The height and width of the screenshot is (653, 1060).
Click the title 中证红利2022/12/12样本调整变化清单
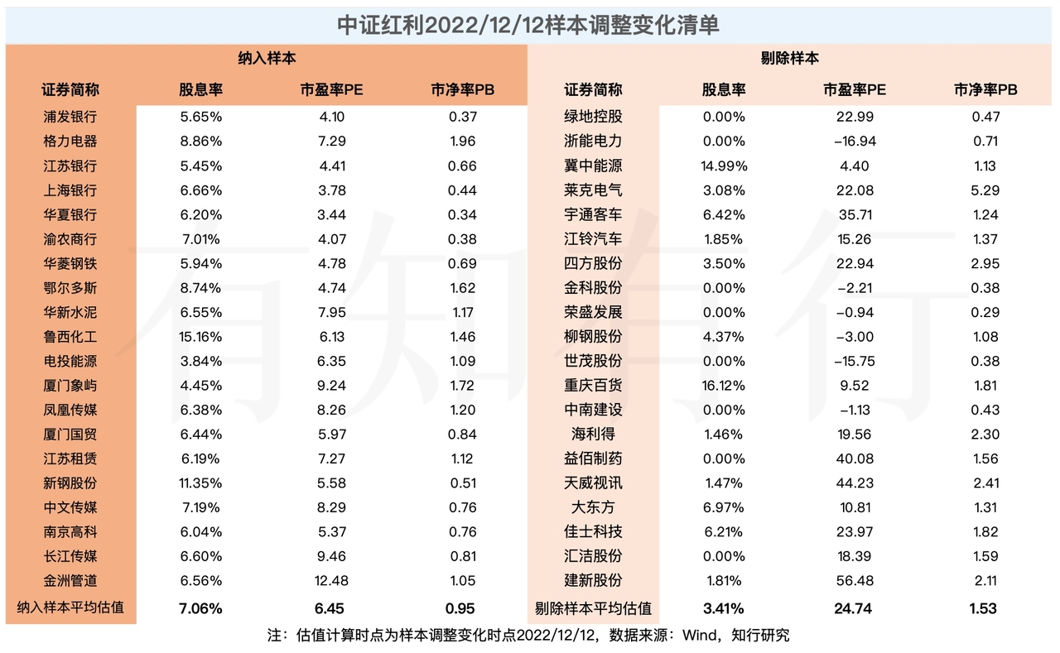529,24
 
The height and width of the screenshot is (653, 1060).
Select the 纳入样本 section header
267,59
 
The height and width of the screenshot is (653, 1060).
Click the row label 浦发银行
70,117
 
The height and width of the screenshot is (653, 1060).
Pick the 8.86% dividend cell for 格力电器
201,142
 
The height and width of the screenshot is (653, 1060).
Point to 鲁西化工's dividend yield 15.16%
201,337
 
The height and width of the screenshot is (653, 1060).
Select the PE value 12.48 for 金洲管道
331,581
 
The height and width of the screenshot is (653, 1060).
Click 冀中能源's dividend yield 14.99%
724,166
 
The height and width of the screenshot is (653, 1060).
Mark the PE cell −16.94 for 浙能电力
855,142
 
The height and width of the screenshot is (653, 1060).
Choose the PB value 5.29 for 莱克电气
985,190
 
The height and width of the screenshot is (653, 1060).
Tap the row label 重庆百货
593,386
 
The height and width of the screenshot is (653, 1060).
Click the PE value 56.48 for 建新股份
855,581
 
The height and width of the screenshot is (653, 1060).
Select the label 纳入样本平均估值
70,608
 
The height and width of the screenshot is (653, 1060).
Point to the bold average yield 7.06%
201,608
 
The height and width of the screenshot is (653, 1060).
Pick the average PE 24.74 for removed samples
855,608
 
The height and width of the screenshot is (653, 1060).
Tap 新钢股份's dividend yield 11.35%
201,483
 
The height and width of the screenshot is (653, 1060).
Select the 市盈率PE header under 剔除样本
855,89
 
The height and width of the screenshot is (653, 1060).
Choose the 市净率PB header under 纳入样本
462,89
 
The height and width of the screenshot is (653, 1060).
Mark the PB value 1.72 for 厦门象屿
462,386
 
